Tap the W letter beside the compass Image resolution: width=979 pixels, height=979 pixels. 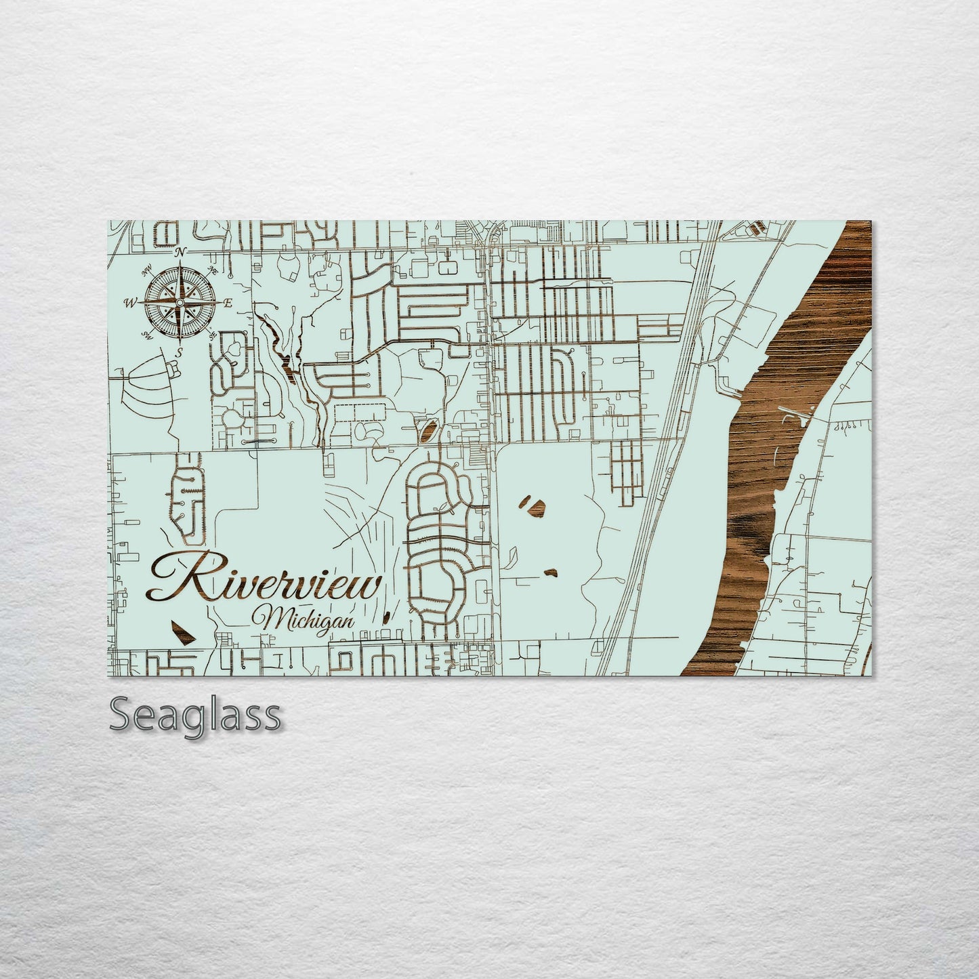tap(129, 303)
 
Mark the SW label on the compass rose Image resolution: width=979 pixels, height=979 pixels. tap(146, 335)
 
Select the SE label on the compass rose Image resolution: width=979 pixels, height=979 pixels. tap(212, 334)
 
